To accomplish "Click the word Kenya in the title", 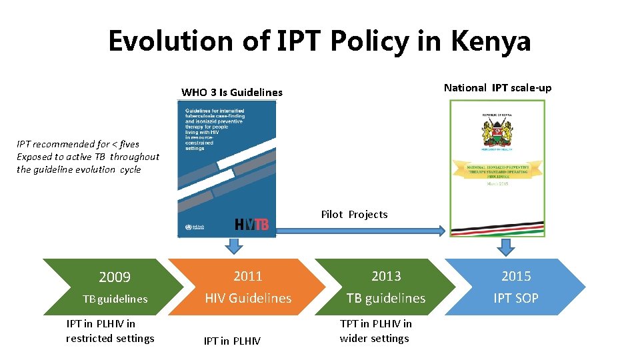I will point(491,41).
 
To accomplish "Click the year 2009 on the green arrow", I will point(115,277).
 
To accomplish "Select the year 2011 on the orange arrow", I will point(248,276).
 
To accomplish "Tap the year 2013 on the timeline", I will point(386,276).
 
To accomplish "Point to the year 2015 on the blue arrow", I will point(516,276).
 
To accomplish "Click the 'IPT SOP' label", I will point(516,298).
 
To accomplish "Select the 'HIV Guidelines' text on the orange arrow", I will point(248,298).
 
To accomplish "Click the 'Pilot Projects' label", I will point(354,214).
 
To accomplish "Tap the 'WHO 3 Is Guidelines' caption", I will point(232,92).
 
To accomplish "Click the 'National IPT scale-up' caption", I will point(497,87).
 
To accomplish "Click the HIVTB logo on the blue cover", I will point(251,225).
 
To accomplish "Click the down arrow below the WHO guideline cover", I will point(233,247).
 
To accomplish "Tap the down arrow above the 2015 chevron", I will point(507,247).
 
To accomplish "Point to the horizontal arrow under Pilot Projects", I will point(360,230).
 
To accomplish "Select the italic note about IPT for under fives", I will point(88,157).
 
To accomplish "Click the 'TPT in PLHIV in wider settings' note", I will point(375,331).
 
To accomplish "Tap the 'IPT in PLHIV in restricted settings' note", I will point(110,331).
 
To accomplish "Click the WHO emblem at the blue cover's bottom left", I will point(187,228).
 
